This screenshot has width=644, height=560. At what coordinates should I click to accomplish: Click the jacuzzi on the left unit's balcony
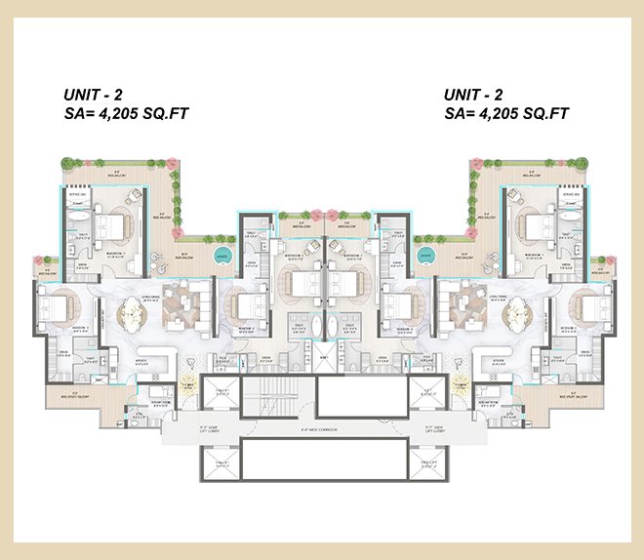click(x=222, y=258)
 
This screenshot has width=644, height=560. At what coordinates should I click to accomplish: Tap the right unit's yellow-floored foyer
click(x=455, y=386)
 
